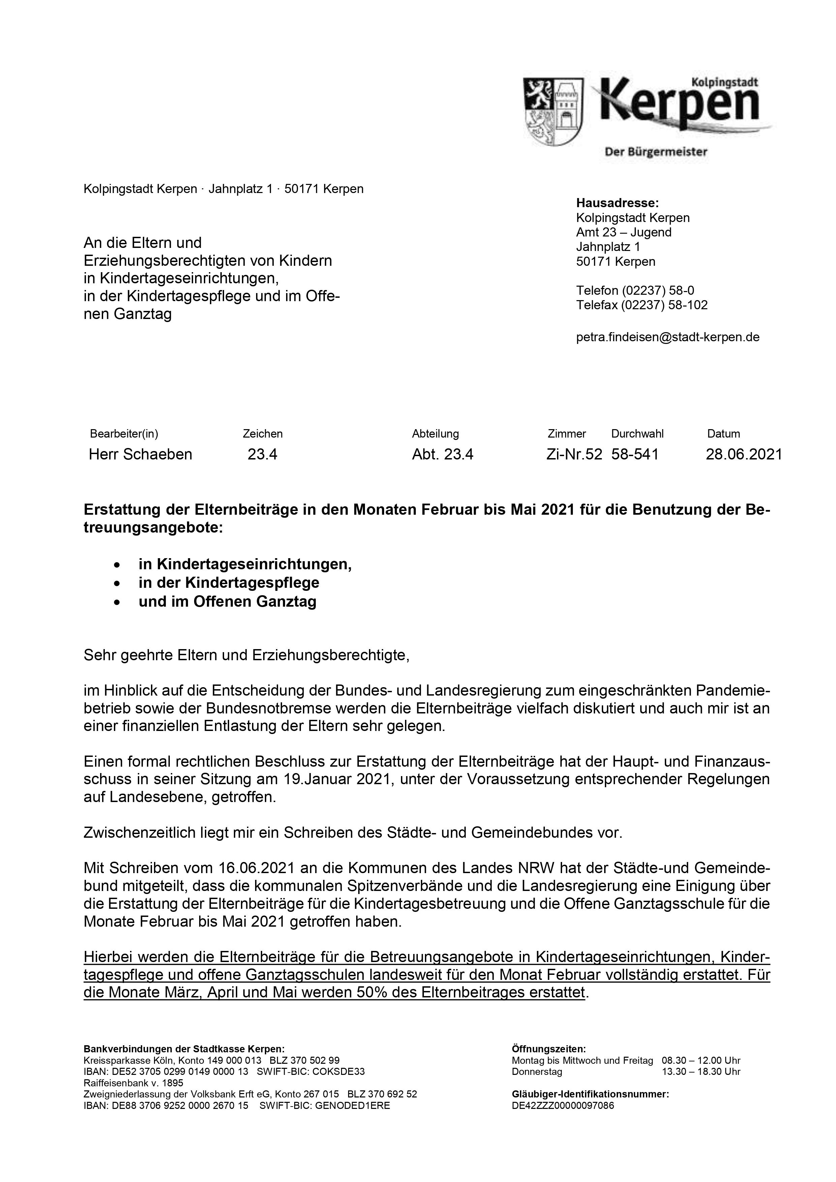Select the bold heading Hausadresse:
tap(617, 203)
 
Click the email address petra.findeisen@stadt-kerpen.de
tap(668, 337)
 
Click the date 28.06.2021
tap(743, 454)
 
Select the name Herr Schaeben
tap(140, 454)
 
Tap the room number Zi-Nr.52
tap(574, 454)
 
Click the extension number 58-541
tap(634, 454)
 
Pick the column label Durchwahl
tap(637, 434)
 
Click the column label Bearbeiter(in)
tap(124, 434)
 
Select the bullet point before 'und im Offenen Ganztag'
tap(118, 602)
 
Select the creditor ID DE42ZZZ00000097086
tap(562, 1105)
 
